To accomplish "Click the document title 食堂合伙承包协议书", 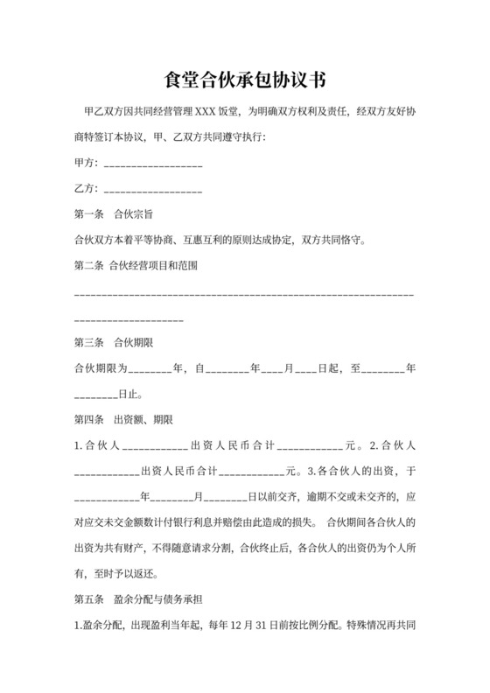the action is [245, 80].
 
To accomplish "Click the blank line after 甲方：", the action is [154, 164].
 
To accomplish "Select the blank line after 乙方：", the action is [154, 189].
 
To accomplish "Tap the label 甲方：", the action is [87, 164].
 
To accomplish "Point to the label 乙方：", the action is [87, 189].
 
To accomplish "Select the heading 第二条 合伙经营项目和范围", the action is [137, 266].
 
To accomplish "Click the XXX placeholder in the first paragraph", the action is [204, 113].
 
